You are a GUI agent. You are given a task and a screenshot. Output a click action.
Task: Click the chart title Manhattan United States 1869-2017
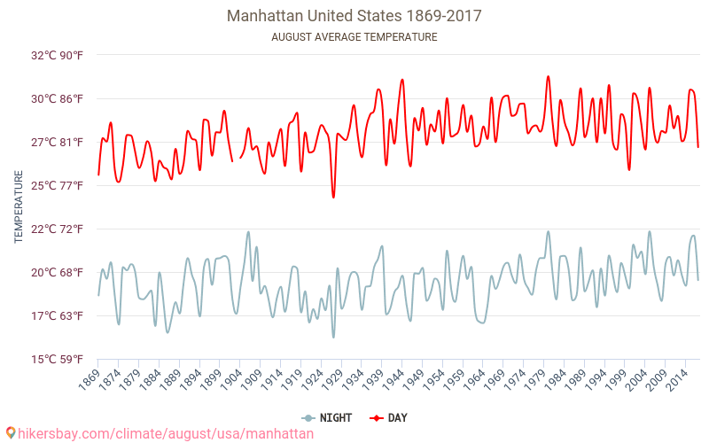(354, 16)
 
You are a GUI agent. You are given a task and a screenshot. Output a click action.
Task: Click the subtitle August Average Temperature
(354, 37)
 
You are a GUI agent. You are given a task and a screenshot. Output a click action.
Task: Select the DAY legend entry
(390, 417)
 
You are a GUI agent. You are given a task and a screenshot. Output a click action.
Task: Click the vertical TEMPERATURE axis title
(19, 207)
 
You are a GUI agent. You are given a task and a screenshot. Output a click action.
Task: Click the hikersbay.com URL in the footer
(166, 433)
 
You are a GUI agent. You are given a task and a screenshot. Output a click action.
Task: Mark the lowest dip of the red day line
(333, 198)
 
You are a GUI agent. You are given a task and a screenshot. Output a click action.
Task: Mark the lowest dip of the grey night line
(333, 337)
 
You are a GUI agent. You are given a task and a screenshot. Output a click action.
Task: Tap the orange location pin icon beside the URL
(11, 433)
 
